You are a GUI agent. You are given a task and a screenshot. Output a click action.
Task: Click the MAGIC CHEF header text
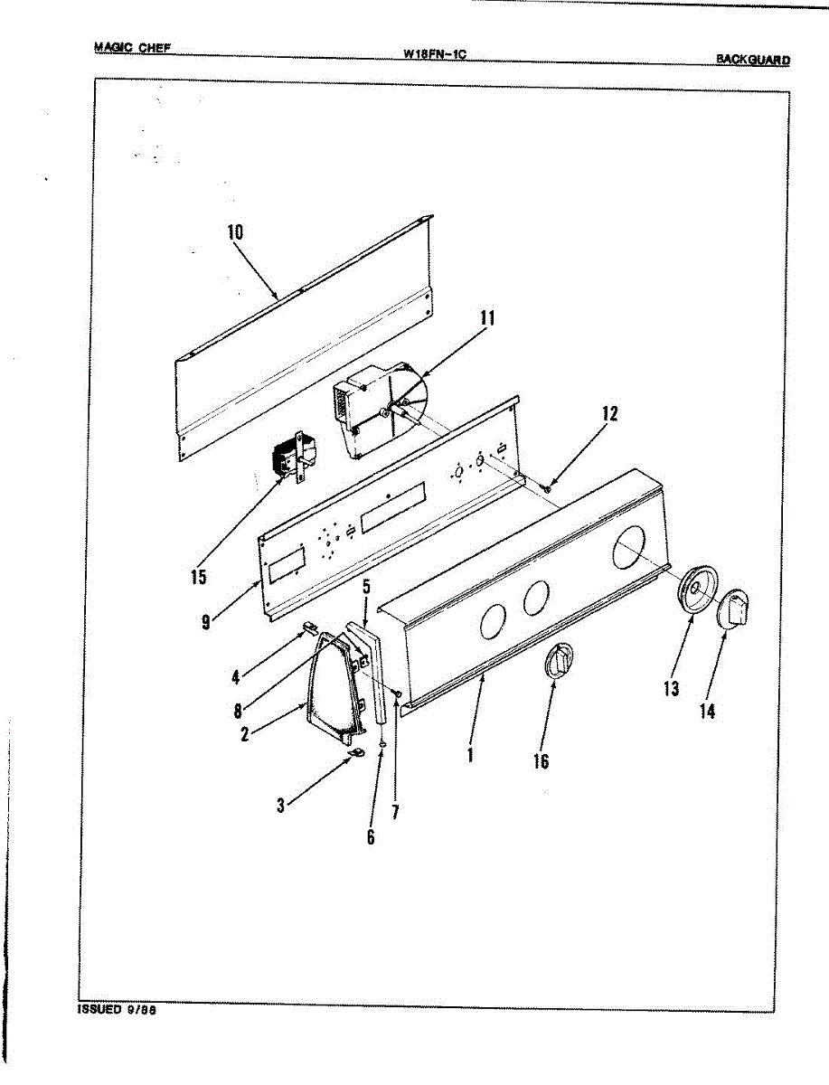click(132, 48)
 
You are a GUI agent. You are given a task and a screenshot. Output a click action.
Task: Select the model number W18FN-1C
click(434, 53)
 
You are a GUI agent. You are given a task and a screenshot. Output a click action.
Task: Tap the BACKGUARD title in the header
click(752, 60)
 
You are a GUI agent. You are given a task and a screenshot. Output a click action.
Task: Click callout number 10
click(235, 231)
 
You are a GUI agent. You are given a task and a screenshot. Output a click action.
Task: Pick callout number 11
click(487, 318)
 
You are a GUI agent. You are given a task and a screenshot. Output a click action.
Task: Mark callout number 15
click(199, 577)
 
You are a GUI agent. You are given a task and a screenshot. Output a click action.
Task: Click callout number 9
click(207, 621)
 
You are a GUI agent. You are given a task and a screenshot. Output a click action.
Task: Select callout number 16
click(541, 761)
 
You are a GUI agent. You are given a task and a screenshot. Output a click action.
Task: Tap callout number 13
click(671, 689)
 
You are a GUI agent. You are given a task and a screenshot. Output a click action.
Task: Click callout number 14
click(707, 712)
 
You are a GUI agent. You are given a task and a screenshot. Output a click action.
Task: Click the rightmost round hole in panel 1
click(629, 549)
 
